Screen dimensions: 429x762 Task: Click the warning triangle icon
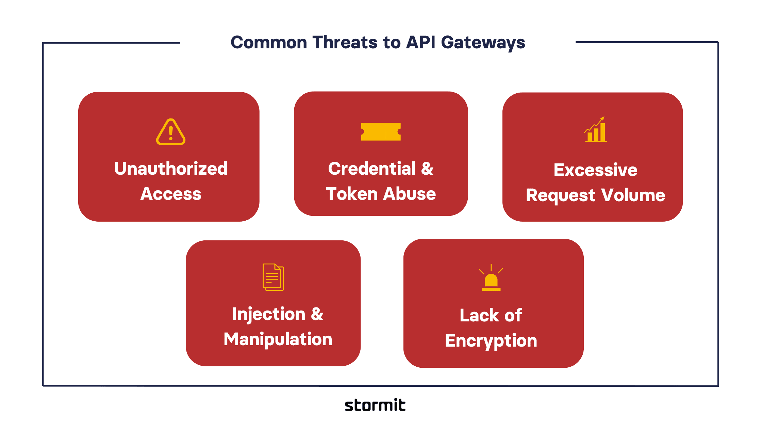pyautogui.click(x=171, y=132)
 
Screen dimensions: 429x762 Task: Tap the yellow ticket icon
pyautogui.click(x=381, y=132)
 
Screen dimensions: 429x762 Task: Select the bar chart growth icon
pyautogui.click(x=596, y=130)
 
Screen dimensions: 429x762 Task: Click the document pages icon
pyautogui.click(x=273, y=277)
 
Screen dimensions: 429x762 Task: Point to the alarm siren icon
pyautogui.click(x=491, y=278)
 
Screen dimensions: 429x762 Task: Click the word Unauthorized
pyautogui.click(x=171, y=169)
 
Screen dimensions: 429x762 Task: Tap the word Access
pyautogui.click(x=171, y=194)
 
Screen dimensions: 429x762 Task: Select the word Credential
pyautogui.click(x=372, y=169)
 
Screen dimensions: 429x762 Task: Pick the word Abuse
pyautogui.click(x=410, y=194)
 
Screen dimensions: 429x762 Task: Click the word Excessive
pyautogui.click(x=595, y=170)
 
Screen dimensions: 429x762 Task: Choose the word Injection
pyautogui.click(x=269, y=314)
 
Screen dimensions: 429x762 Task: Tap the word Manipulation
pyautogui.click(x=278, y=339)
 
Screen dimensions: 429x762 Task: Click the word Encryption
pyautogui.click(x=491, y=341)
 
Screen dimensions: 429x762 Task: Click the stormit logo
pyautogui.click(x=375, y=405)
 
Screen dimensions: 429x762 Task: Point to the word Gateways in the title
pyautogui.click(x=483, y=43)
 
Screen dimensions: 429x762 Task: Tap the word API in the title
pyautogui.click(x=421, y=43)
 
